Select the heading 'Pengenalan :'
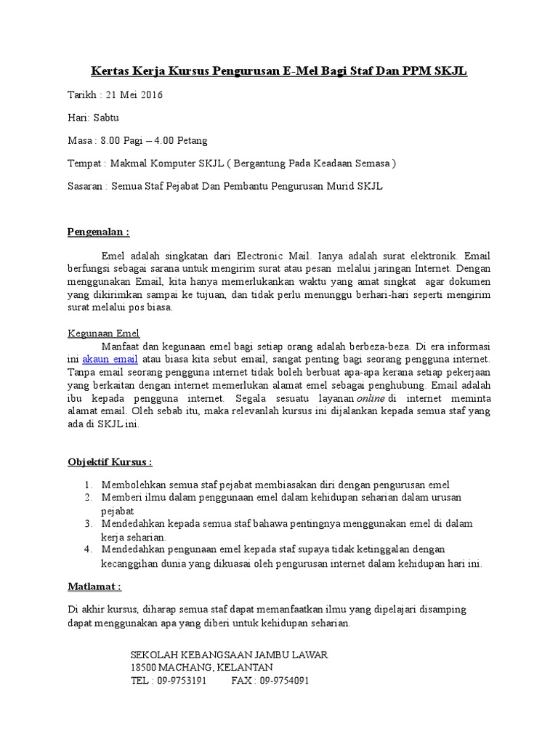98,232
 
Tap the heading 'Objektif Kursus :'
110,461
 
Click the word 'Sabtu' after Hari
104,117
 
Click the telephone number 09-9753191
181,681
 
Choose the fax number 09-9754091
284,681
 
